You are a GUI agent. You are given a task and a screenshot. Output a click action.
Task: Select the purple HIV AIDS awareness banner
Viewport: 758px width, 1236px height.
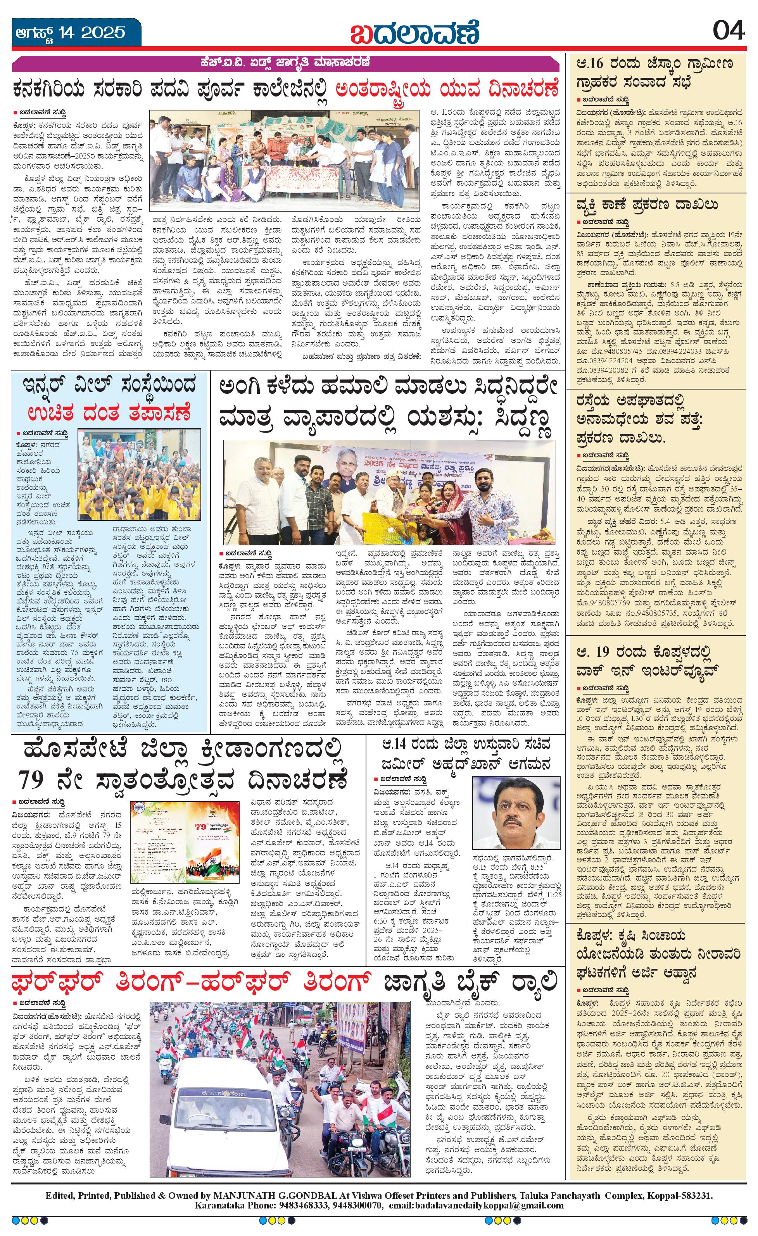click(285, 64)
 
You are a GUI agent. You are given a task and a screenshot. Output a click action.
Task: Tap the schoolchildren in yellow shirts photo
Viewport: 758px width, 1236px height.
click(140, 474)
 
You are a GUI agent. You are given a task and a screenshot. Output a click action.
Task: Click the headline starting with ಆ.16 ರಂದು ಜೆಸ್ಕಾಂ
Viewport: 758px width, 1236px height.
click(654, 72)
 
